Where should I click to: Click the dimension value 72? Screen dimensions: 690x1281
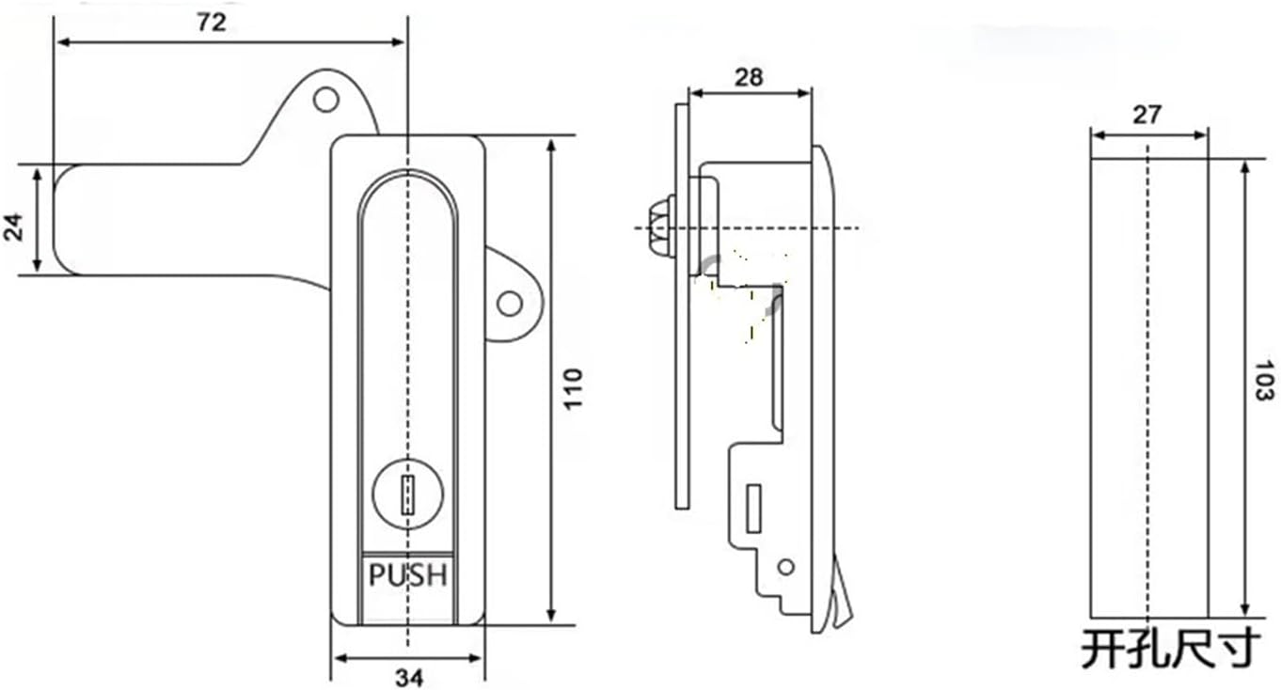pos(212,23)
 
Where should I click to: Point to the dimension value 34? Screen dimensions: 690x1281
pos(408,677)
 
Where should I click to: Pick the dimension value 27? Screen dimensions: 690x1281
pos(1147,115)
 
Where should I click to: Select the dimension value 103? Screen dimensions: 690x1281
pos(1263,381)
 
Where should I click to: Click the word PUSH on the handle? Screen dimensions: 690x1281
pos(407,575)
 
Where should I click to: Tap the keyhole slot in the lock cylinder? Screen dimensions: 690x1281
pos(407,494)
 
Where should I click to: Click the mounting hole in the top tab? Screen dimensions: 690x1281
pos(325,99)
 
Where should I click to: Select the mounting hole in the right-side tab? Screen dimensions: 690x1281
pos(509,303)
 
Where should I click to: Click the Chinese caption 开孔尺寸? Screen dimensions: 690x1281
pos(1170,649)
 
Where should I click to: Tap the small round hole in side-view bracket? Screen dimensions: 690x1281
pos(786,566)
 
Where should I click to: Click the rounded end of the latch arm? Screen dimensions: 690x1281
pos(66,221)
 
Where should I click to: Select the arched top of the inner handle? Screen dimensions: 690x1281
pos(407,179)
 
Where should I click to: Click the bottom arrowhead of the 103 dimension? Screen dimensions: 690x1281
pos(1245,607)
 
